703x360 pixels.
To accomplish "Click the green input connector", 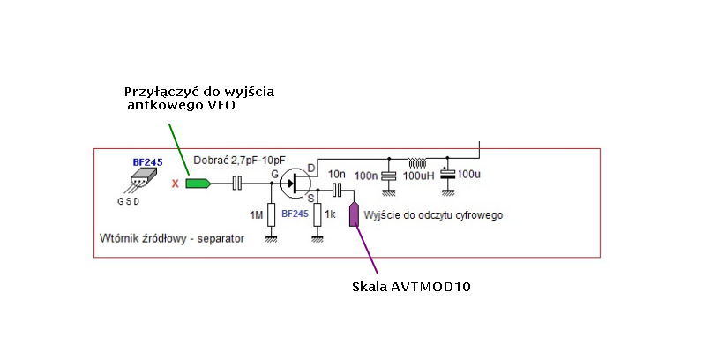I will tap(198, 184).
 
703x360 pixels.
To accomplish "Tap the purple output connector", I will tap(355, 214).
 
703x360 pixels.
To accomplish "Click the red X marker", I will tap(175, 184).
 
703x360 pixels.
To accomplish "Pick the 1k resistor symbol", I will tap(318, 214).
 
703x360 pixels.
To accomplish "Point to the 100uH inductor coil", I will tap(415, 162).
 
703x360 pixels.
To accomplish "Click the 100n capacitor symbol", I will tap(386, 176).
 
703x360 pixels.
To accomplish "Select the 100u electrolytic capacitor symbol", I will tap(449, 175).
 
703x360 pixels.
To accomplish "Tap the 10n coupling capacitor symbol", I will tap(336, 189).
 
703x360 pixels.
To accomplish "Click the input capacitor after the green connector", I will tap(236, 184).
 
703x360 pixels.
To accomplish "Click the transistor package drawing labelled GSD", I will tap(135, 183).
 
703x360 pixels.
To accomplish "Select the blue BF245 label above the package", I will tap(147, 162).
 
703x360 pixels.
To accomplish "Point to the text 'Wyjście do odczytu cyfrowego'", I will tap(432, 214).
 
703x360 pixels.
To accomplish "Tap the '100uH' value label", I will tap(419, 176).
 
